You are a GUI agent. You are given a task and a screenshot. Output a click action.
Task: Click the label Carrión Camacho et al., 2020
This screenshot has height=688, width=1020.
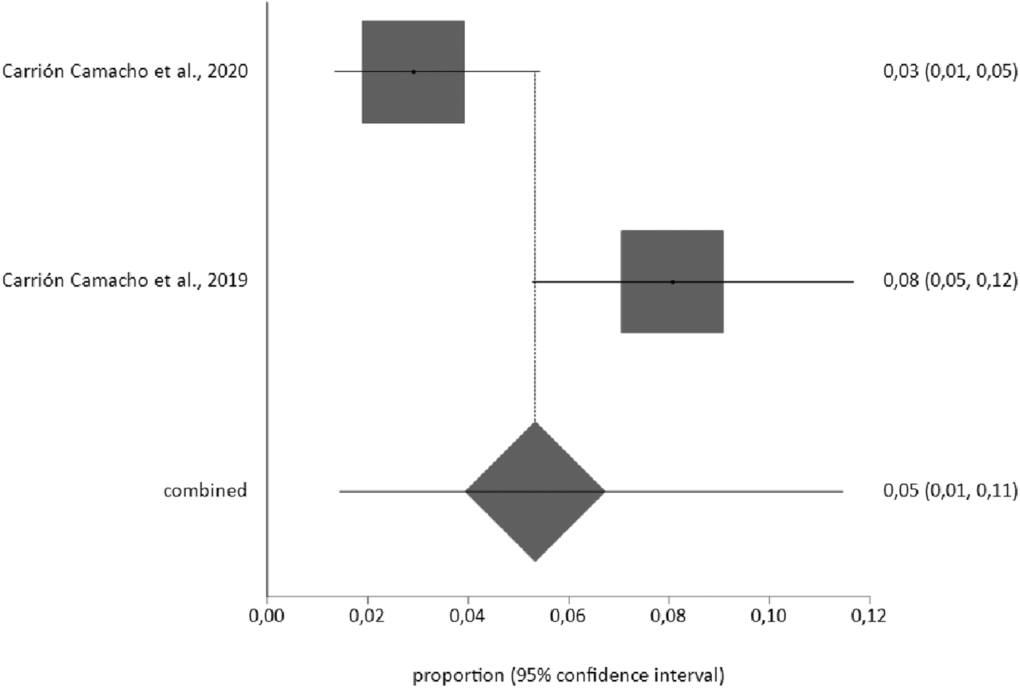(x=125, y=71)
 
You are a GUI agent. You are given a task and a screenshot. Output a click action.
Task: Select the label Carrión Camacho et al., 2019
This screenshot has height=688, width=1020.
(x=125, y=281)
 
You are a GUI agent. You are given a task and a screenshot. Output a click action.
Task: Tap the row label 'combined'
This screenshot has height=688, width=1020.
(x=205, y=490)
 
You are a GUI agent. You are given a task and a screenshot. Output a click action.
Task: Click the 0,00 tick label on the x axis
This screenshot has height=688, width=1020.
(x=267, y=616)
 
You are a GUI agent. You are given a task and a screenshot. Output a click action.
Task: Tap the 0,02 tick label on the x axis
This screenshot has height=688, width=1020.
(x=367, y=616)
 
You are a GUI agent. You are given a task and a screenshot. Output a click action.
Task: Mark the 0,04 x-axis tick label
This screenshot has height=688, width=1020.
(x=468, y=616)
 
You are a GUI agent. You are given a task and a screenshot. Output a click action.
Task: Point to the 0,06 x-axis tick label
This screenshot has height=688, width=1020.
(x=568, y=616)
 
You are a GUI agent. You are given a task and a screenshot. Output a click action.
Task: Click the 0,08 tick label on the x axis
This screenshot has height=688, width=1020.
(x=669, y=616)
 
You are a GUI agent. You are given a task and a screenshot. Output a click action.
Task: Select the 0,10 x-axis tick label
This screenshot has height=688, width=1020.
(x=769, y=616)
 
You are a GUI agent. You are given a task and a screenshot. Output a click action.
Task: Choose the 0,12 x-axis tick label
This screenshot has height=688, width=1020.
(x=869, y=616)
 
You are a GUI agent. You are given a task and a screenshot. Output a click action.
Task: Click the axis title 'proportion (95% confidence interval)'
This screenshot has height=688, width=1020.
(x=568, y=676)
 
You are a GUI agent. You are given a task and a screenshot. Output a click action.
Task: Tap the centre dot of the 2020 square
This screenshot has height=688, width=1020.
(x=413, y=71)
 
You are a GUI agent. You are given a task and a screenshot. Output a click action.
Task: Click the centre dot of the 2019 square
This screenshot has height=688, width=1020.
(x=672, y=281)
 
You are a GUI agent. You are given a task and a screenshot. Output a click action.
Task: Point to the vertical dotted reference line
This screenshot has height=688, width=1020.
(x=535, y=182)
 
